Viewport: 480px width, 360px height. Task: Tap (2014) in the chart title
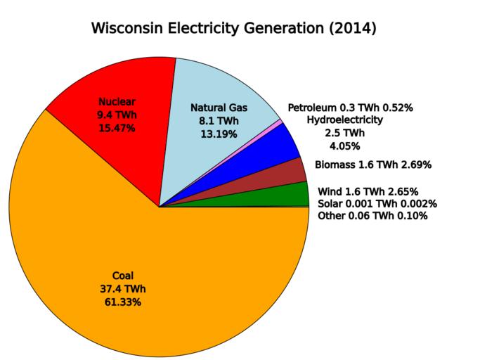(352, 29)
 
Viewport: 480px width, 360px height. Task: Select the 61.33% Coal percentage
(122, 302)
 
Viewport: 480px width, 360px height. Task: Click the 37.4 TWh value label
(122, 289)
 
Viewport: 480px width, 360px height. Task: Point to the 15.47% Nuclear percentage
(116, 129)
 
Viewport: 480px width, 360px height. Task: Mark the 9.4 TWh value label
(116, 115)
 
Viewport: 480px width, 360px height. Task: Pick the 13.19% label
(219, 134)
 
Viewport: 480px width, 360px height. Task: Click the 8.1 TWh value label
(219, 121)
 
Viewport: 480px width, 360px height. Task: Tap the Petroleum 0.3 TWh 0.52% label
(350, 108)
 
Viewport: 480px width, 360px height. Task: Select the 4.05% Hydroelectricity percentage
(344, 146)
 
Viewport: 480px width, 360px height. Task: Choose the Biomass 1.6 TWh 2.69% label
(372, 165)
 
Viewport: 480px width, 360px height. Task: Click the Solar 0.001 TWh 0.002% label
(377, 204)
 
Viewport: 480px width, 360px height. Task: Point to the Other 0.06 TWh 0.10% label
(372, 216)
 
